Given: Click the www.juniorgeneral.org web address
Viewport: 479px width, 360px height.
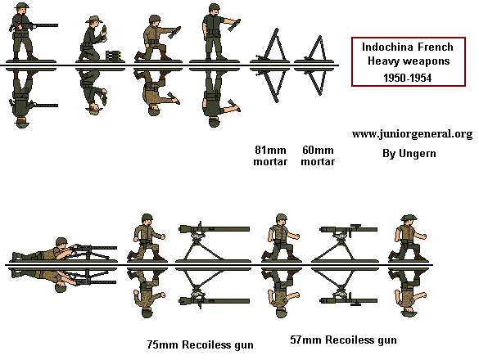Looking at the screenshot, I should pyautogui.click(x=412, y=134).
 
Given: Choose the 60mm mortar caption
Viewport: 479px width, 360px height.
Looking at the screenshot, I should pyautogui.click(x=318, y=155).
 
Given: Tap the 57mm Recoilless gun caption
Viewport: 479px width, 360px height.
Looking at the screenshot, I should pyautogui.click(x=343, y=339).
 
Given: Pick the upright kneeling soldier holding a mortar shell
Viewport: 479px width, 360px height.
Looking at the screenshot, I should pyautogui.click(x=97, y=41).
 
